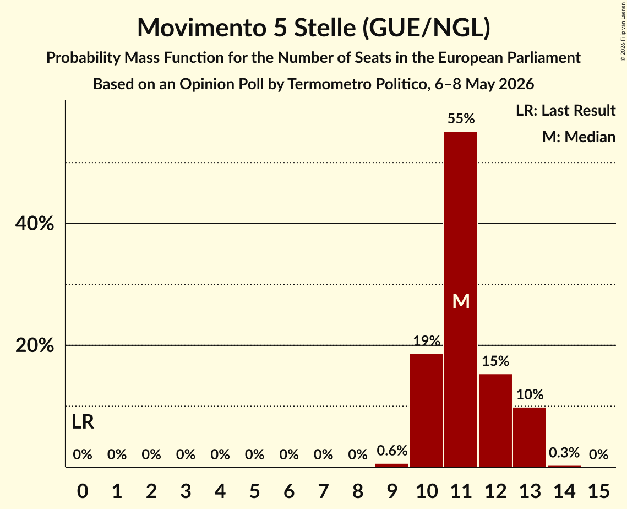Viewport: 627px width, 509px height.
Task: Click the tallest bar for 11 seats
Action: point(461,299)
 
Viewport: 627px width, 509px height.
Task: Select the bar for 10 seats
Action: point(426,410)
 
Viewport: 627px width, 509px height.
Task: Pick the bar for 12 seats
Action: point(495,420)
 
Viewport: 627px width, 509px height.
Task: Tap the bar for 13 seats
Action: point(530,437)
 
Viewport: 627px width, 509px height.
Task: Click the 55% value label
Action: point(461,118)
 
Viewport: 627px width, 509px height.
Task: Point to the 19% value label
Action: point(426,341)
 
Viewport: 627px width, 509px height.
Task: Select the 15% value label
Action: point(495,361)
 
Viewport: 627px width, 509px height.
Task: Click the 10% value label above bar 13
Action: point(530,394)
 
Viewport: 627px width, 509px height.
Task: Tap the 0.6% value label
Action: point(392,451)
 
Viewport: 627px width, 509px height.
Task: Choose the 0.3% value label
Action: point(564,453)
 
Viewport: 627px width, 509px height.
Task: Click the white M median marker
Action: point(461,301)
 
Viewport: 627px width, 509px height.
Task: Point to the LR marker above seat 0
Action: point(83,422)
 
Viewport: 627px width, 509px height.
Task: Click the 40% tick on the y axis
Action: point(34,223)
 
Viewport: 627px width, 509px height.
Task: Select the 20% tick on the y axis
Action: point(34,345)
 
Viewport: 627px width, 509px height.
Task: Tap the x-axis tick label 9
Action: point(392,491)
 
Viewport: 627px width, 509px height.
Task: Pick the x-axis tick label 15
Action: point(598,491)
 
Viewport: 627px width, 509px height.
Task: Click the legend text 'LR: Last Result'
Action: point(565,110)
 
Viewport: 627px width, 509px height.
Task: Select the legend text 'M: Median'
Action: point(579,137)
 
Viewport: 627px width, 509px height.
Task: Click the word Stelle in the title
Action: point(325,28)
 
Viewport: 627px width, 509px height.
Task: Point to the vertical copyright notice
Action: point(623,32)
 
